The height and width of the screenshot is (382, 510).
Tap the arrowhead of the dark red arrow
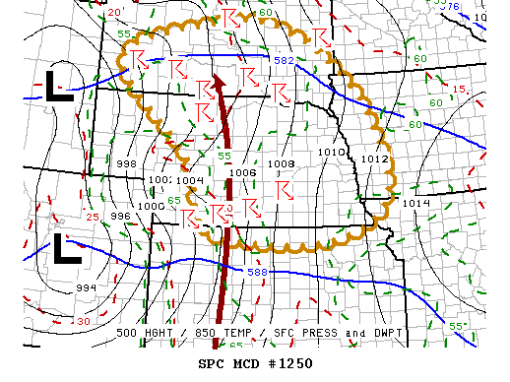(x=218, y=81)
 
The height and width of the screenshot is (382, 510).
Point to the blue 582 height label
(x=284, y=61)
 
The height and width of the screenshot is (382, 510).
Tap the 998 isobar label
(x=126, y=163)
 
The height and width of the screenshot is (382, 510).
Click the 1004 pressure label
(x=190, y=181)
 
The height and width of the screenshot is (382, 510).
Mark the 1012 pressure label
(x=374, y=159)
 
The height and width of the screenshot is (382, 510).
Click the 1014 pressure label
(x=416, y=203)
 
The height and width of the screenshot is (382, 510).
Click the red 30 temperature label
(x=84, y=321)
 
